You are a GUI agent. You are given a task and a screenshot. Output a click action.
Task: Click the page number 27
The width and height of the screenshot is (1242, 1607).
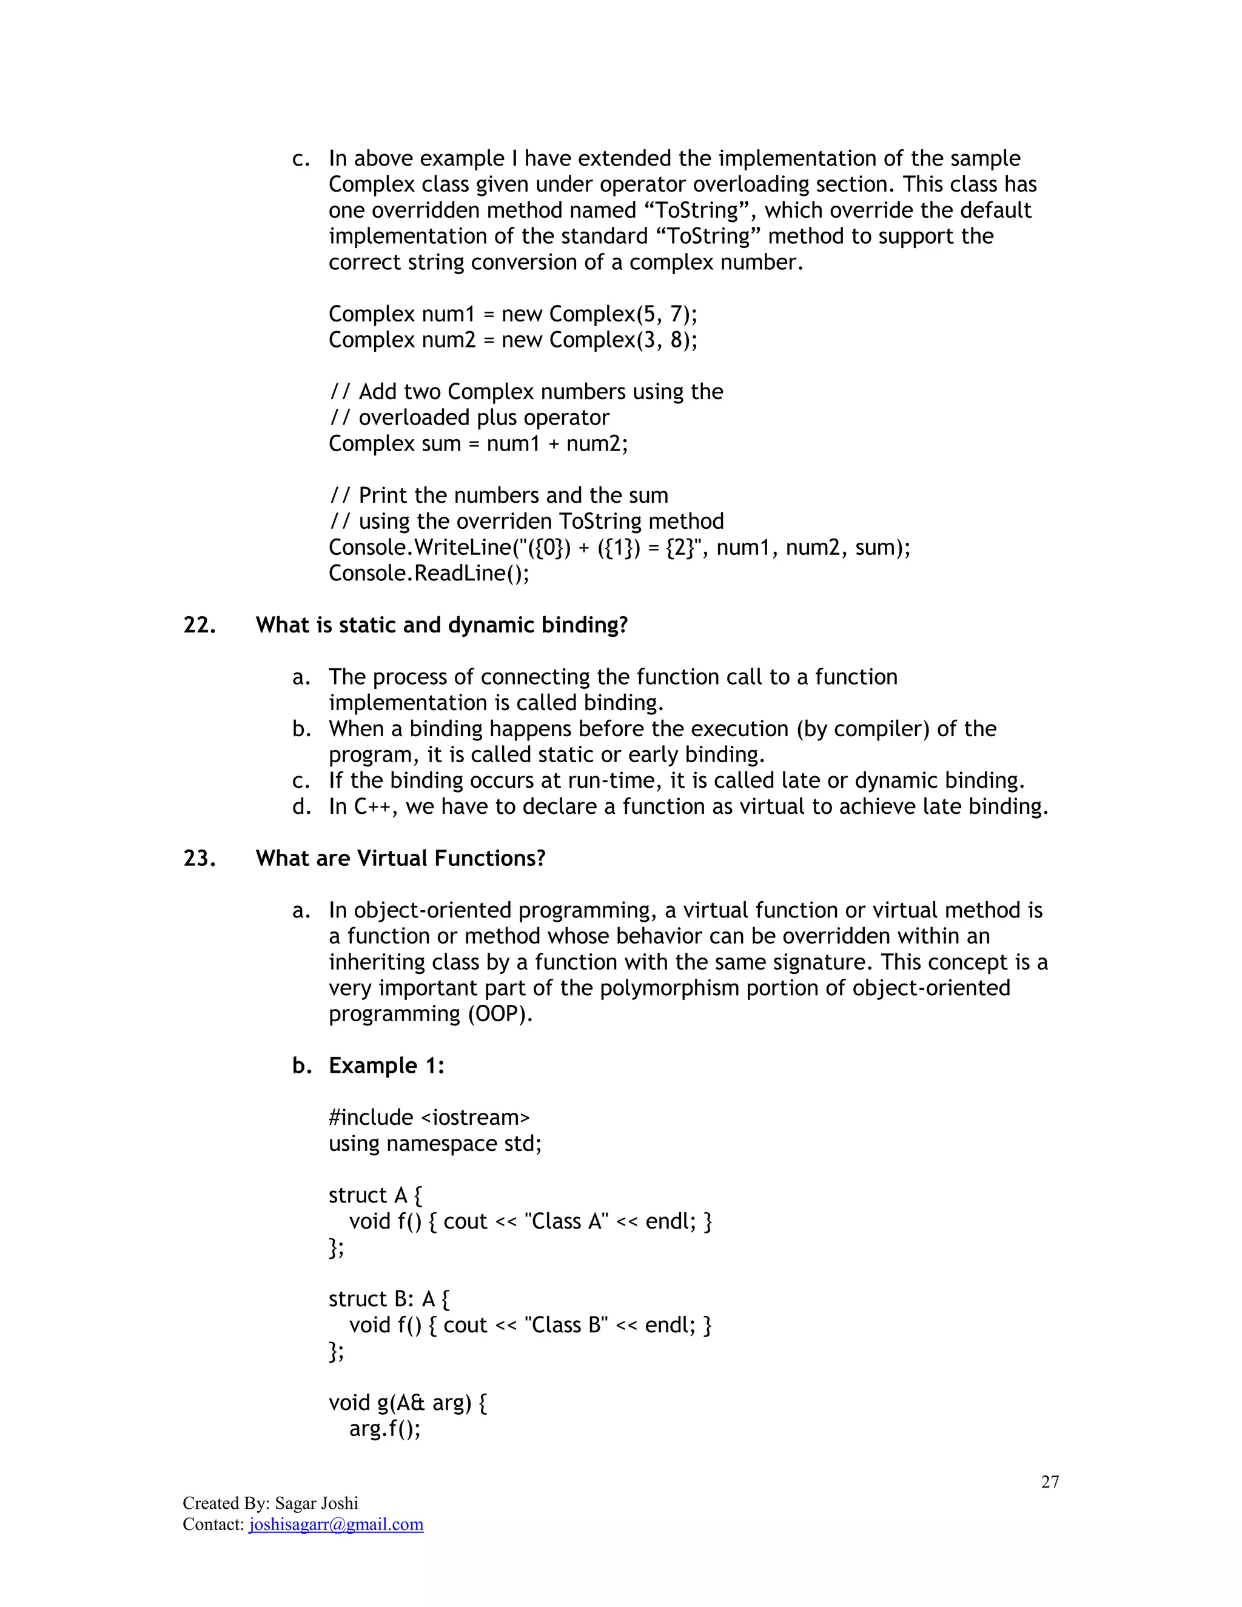point(1049,1482)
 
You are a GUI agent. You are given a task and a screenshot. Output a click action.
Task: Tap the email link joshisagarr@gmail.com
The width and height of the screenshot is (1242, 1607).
point(336,1525)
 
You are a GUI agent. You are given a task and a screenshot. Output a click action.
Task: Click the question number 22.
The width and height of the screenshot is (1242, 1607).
point(200,625)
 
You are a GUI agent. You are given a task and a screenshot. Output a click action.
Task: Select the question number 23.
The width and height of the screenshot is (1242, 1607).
point(200,859)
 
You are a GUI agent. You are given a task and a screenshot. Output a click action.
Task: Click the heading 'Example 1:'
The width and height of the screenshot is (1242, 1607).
point(386,1066)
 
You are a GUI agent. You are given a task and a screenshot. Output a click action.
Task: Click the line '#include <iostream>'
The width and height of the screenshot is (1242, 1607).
point(429,1118)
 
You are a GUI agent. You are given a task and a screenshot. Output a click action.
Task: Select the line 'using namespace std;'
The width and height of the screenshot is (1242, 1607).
point(435,1144)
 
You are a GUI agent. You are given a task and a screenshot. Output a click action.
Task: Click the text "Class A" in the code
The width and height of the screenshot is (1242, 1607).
point(566,1221)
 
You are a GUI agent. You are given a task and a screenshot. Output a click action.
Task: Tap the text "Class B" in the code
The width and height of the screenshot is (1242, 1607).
point(566,1325)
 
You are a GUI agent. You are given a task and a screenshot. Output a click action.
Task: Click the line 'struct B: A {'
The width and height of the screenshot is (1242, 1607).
point(389,1300)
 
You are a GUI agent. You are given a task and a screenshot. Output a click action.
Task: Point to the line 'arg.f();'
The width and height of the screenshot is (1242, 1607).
point(384,1429)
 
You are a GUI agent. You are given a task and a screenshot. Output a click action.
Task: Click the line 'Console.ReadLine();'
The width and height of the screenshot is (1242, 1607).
point(428,573)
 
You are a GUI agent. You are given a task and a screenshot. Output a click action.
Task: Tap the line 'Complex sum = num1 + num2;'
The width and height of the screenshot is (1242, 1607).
point(478,444)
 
